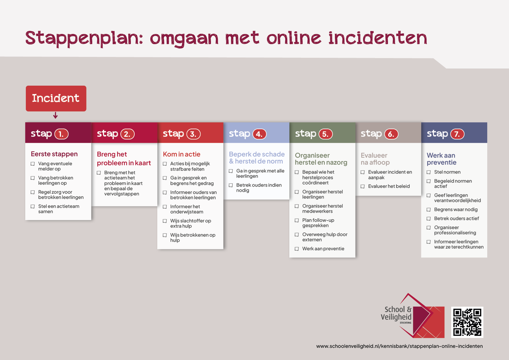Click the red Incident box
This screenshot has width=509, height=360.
[x=56, y=98]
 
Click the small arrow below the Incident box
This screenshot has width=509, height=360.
[x=55, y=116]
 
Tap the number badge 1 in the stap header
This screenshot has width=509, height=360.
[x=61, y=134]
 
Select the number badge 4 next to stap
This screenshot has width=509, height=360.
[x=259, y=134]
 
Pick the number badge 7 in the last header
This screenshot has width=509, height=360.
[x=457, y=134]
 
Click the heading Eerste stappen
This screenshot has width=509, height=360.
[x=54, y=154]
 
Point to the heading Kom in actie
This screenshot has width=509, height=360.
[x=182, y=154]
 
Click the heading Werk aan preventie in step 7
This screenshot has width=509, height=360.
[x=441, y=159]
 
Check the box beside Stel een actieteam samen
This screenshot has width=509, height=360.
[x=33, y=206]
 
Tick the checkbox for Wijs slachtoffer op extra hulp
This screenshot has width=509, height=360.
[x=165, y=221]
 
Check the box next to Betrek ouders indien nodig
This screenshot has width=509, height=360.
[x=231, y=185]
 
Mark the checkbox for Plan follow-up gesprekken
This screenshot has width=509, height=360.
[x=297, y=220]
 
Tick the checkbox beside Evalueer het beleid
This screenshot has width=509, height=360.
[x=363, y=186]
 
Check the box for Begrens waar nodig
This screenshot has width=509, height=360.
[x=429, y=210]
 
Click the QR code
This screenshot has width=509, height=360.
[x=467, y=322]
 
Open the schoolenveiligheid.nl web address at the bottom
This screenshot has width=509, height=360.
[x=399, y=346]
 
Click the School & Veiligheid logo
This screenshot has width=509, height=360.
[x=412, y=316]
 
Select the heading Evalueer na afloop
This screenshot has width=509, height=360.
[x=375, y=159]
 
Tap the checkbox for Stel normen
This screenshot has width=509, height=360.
[x=429, y=172]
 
